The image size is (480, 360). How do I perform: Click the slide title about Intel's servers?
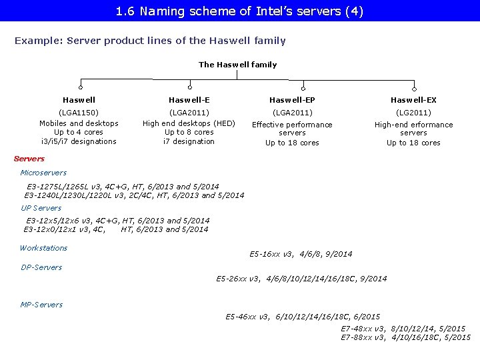pos(239,11)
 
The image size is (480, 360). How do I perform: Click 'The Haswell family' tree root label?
pos(237,65)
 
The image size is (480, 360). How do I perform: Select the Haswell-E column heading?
pos(189,100)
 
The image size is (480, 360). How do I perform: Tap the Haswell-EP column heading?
pos(292,100)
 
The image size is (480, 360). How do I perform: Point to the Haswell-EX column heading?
pos(413,100)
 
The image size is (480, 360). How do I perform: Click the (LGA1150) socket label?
pos(79,113)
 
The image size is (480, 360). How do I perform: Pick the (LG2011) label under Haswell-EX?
pos(413,113)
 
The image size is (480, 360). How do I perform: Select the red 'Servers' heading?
pos(29,159)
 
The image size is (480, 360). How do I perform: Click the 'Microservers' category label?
pos(43,173)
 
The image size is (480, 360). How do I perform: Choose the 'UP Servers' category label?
pos(41,208)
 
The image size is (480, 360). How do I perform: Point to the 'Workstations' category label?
pos(43,248)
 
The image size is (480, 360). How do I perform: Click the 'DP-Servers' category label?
pos(41,267)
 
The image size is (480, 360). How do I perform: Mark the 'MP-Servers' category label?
pos(42,305)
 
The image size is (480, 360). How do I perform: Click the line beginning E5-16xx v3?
pos(301,254)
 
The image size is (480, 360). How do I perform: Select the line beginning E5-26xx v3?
pos(301,279)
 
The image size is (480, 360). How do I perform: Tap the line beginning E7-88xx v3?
pos(405,338)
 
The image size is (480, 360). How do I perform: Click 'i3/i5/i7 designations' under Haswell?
pos(79,141)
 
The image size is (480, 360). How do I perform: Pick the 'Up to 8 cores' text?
pos(189,132)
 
